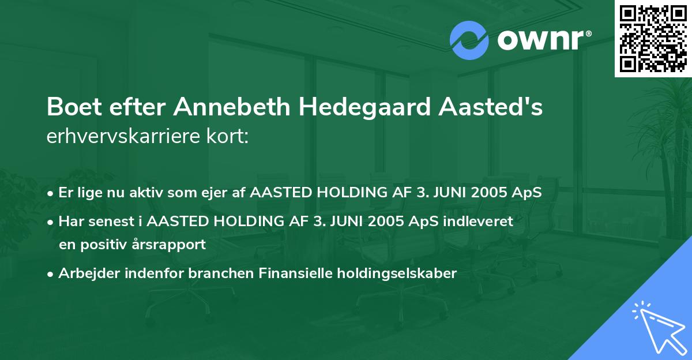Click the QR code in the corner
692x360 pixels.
pos(653,39)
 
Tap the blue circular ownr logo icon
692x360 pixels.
pos(469,40)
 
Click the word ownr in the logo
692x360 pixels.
pos(543,40)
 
